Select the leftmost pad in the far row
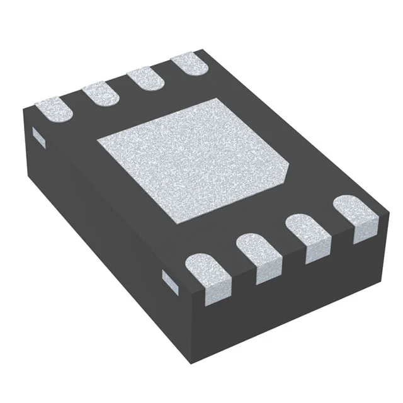(x=54, y=110)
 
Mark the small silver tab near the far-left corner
(x=37, y=134)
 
